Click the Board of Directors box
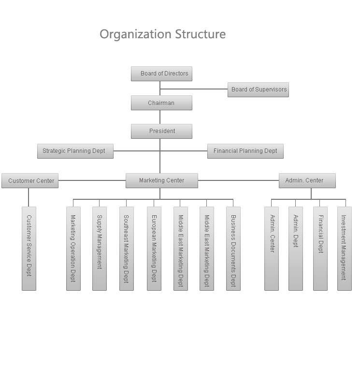161,74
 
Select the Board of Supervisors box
258,89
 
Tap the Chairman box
161,103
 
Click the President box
161,131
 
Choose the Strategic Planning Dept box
75,151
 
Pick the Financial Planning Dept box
245,151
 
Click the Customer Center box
30,180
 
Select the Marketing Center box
162,180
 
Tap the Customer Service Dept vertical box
29,249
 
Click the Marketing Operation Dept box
73,249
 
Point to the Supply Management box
100,249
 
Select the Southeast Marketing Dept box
127,249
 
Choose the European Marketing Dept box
154,249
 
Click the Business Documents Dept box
233,249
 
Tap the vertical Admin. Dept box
296,249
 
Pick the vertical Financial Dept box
320,249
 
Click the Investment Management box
345,249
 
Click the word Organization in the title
135,34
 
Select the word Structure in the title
201,34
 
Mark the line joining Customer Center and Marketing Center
92,180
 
